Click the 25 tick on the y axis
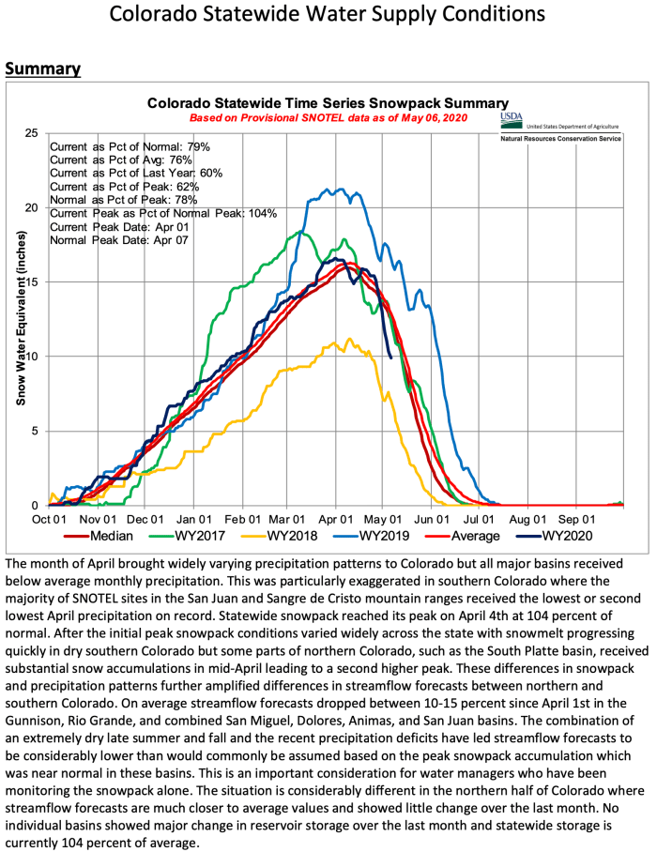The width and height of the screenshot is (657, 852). [32, 134]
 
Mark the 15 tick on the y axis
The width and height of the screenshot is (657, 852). [32, 282]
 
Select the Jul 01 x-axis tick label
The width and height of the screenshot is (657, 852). [481, 518]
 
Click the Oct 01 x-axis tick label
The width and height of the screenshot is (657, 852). [50, 518]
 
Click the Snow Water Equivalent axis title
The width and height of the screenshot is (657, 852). [19, 319]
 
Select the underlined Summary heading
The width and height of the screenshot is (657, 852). [43, 69]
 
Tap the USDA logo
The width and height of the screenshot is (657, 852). [511, 120]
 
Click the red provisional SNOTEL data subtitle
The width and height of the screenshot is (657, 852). [328, 118]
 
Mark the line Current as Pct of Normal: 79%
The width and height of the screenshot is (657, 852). [130, 147]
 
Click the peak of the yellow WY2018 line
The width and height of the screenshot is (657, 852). [350, 339]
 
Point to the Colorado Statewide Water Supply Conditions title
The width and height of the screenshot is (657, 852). [328, 16]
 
